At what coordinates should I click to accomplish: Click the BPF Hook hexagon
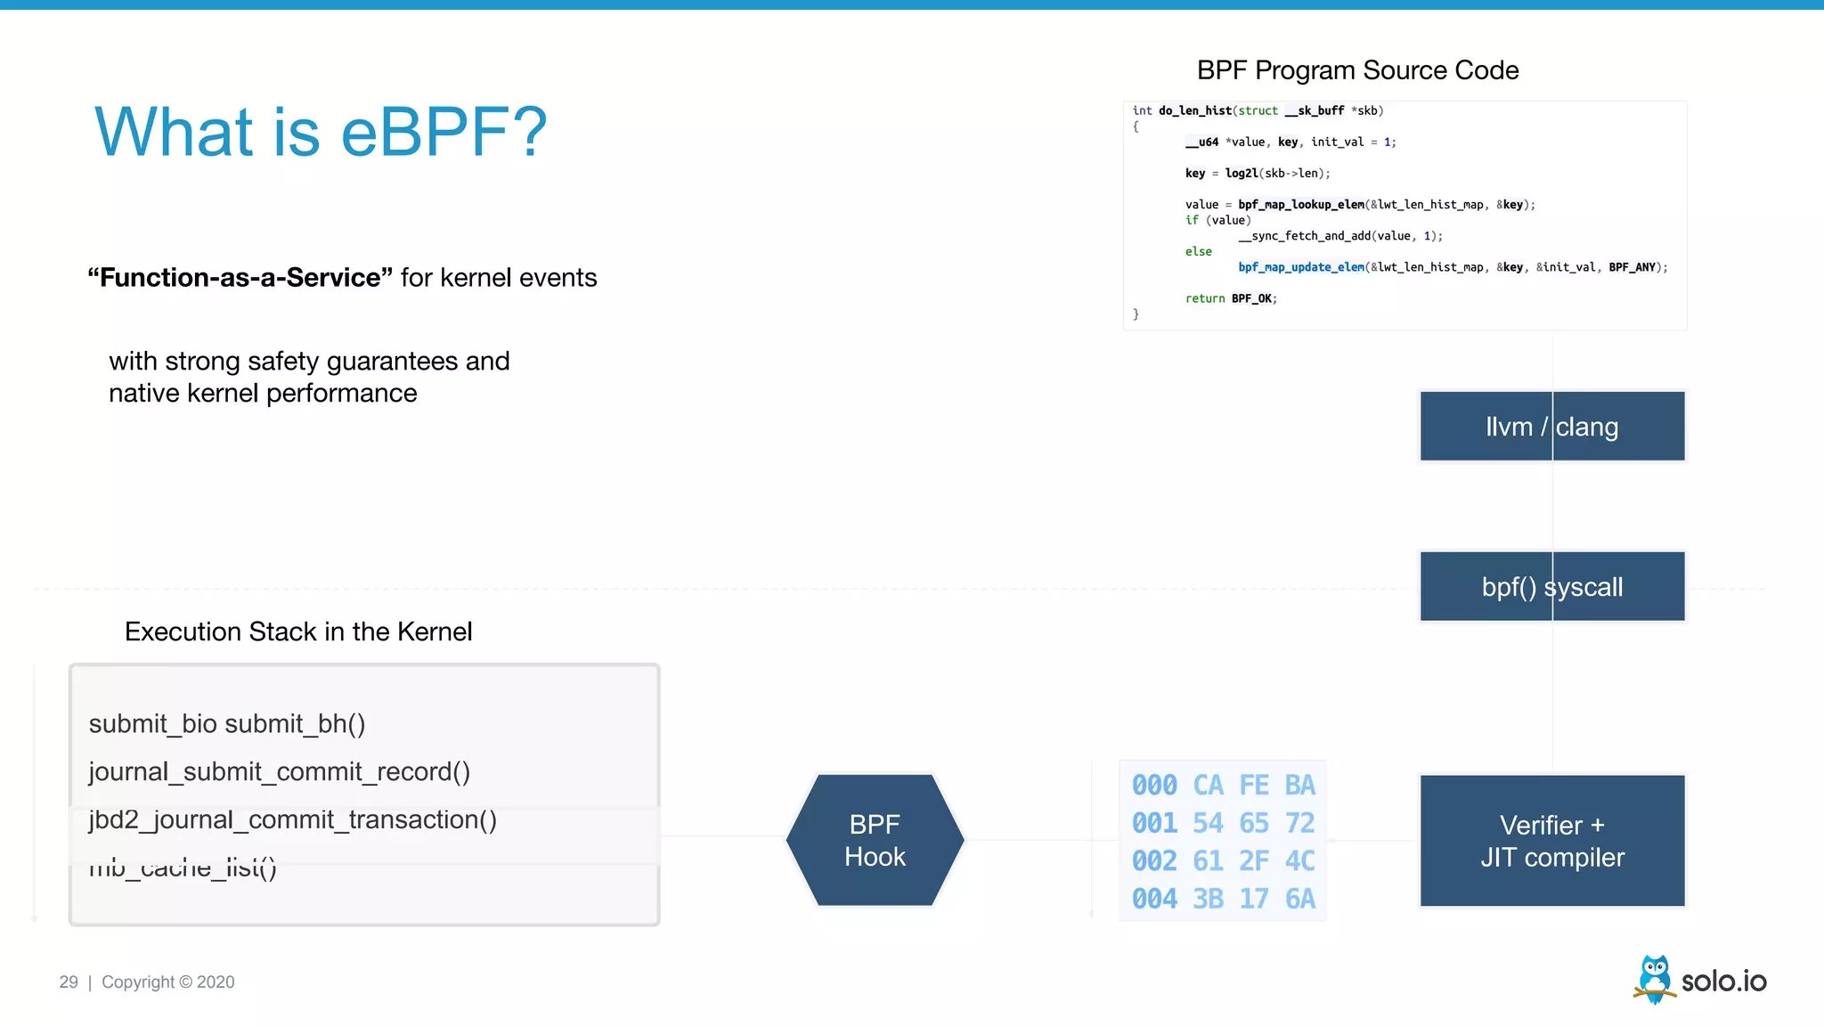tap(875, 840)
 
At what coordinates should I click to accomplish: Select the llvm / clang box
tap(1551, 427)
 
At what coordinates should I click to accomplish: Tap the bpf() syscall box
tap(1551, 587)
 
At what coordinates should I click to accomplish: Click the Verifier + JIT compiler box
tap(1551, 841)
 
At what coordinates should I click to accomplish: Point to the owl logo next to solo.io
tap(1654, 979)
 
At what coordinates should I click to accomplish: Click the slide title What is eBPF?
tap(321, 132)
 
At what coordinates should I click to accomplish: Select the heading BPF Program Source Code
tap(1357, 70)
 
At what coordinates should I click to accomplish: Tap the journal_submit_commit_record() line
tap(279, 771)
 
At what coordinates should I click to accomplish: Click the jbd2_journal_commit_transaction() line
tap(292, 819)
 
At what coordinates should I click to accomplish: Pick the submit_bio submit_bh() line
tap(227, 723)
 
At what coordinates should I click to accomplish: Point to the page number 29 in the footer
tap(69, 981)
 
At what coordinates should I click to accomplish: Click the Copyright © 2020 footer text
tap(167, 981)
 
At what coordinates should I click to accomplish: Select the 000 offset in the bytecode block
tap(1154, 785)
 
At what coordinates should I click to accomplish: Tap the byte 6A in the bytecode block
tap(1299, 899)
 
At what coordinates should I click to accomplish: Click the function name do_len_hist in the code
tap(1194, 110)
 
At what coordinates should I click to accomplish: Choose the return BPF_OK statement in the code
tap(1231, 298)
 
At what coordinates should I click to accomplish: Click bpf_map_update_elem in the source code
tap(1300, 267)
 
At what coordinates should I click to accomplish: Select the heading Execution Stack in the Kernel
tap(298, 631)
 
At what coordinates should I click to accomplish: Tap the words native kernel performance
tap(263, 393)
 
